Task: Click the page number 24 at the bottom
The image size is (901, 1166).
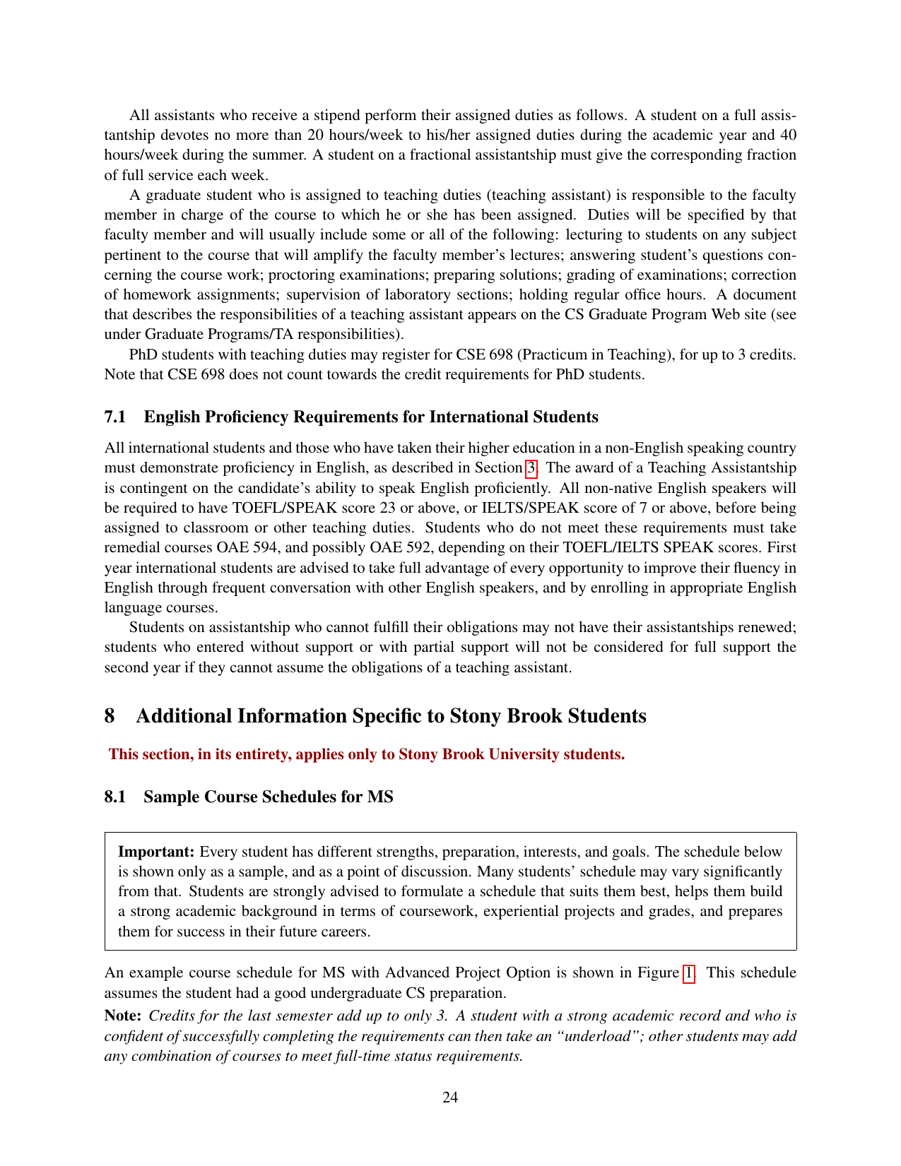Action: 450,1097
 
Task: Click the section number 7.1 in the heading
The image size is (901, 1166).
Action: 115,417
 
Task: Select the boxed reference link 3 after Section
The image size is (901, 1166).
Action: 531,468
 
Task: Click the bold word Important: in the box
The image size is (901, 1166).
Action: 156,852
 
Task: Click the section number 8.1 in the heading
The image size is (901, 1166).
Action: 115,797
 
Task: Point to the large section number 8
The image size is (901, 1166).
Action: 110,716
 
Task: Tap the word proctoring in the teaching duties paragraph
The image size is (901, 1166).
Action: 300,275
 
